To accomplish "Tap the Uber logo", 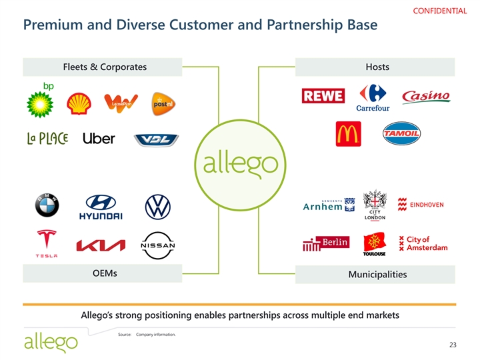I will click(x=99, y=139).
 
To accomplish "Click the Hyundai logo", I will click(x=101, y=207).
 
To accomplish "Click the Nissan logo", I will click(x=158, y=245).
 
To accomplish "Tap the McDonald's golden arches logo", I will click(x=348, y=133).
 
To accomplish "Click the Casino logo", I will click(x=425, y=97).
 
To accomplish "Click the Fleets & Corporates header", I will click(x=104, y=67).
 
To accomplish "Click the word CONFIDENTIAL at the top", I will click(x=441, y=11).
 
